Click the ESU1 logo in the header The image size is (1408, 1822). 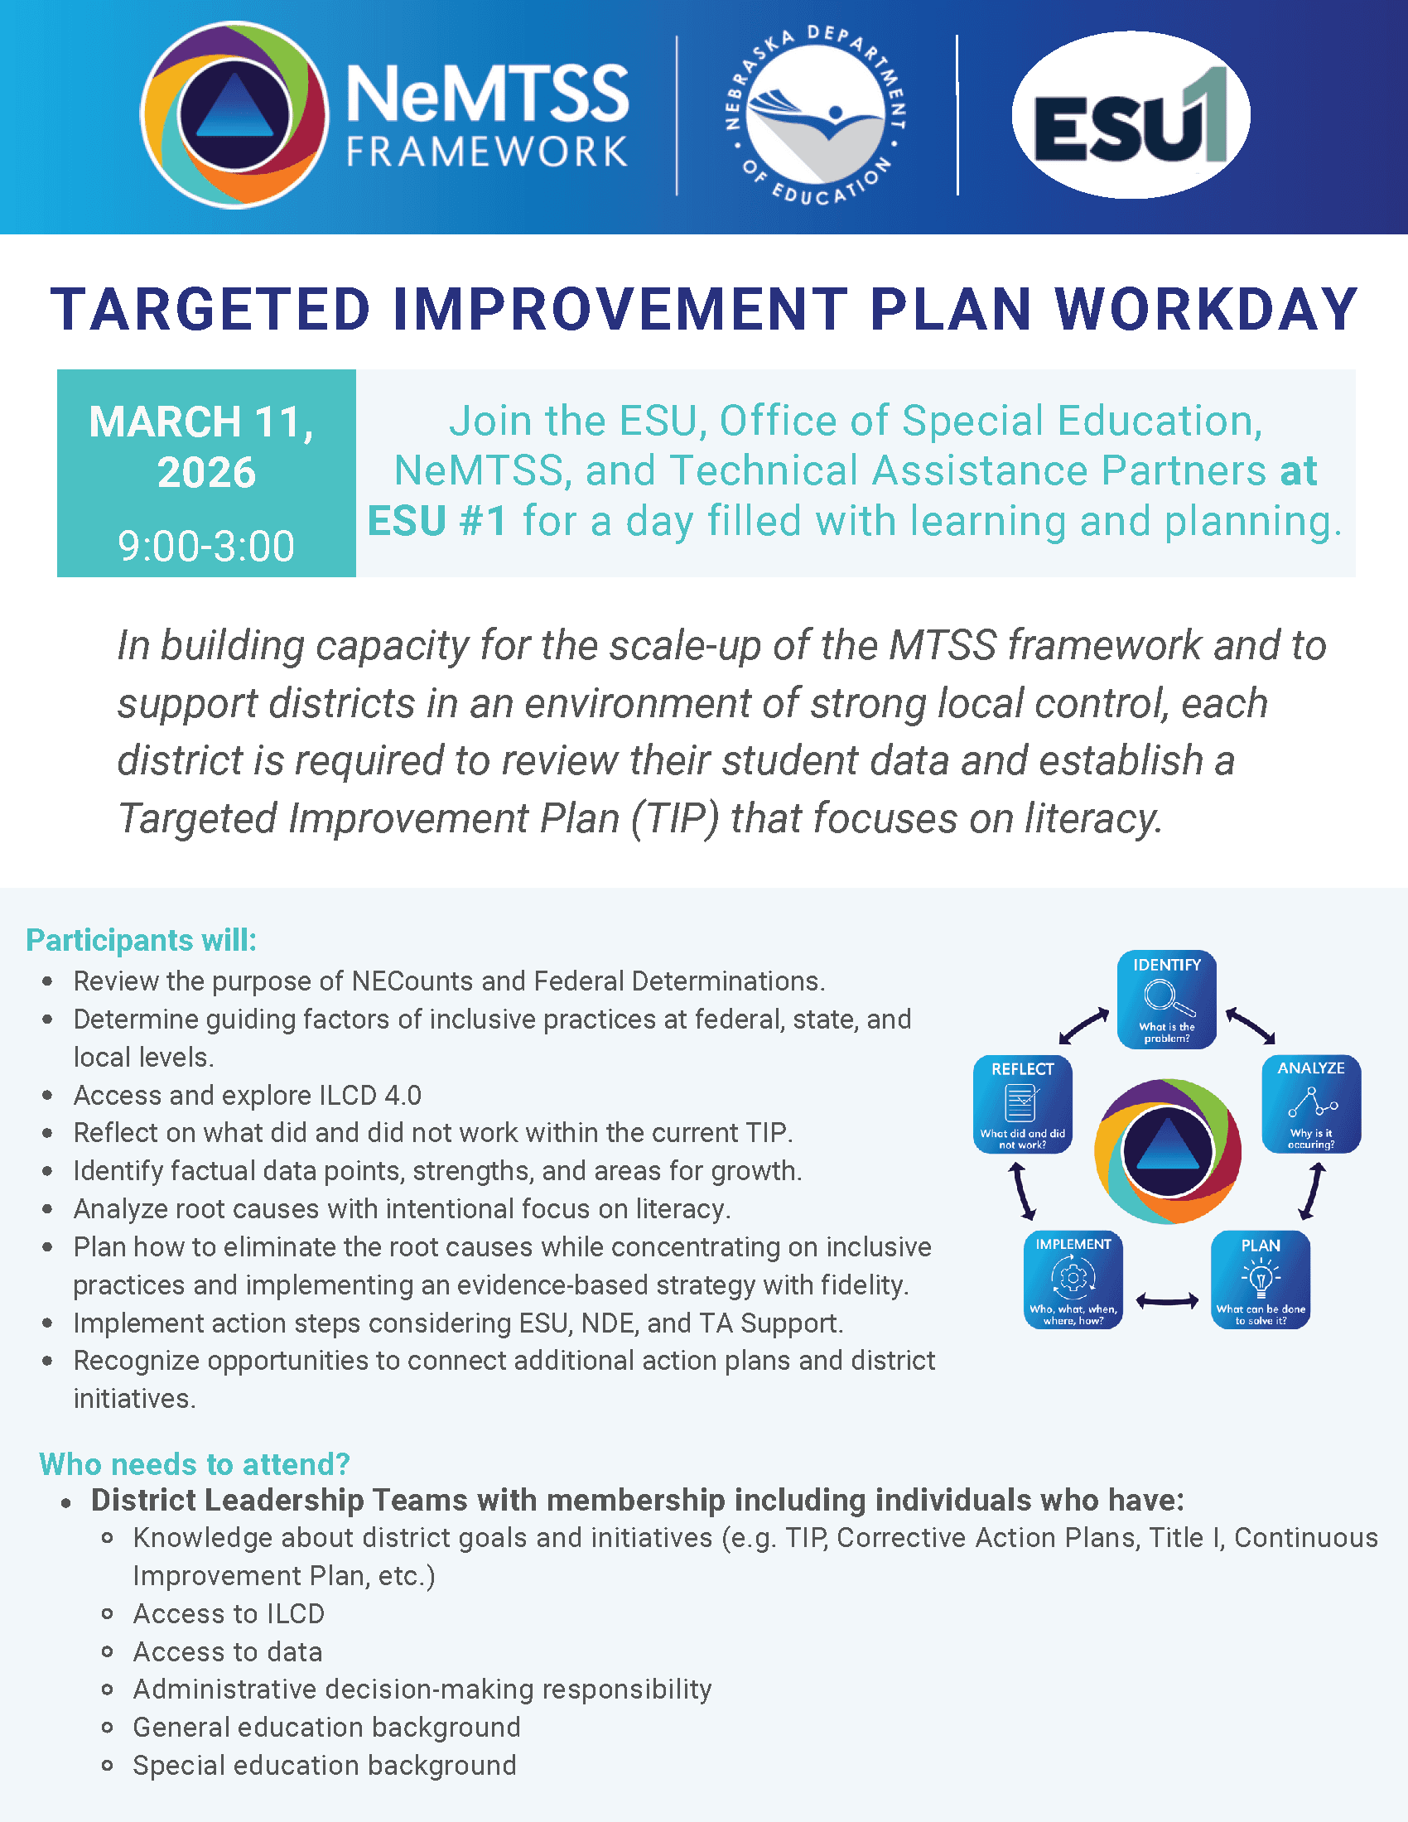tap(1131, 115)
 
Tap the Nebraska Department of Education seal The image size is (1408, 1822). tap(816, 115)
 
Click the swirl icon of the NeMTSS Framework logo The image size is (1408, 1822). tap(234, 115)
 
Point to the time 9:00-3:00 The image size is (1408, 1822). tap(206, 547)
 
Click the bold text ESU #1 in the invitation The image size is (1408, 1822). tap(437, 522)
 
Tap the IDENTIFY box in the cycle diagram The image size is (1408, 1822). tap(1166, 999)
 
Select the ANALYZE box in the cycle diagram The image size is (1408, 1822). tap(1310, 1104)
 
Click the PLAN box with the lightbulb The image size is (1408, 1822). tap(1260, 1279)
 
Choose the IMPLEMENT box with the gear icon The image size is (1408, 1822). tap(1073, 1279)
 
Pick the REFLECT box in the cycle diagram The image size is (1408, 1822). tap(1022, 1105)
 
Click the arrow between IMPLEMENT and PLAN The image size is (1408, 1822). tap(1167, 1299)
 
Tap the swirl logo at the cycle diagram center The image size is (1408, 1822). tap(1167, 1151)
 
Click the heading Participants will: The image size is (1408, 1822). tap(141, 940)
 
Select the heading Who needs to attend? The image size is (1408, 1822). tap(195, 1464)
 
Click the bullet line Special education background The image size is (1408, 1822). tap(325, 1766)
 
